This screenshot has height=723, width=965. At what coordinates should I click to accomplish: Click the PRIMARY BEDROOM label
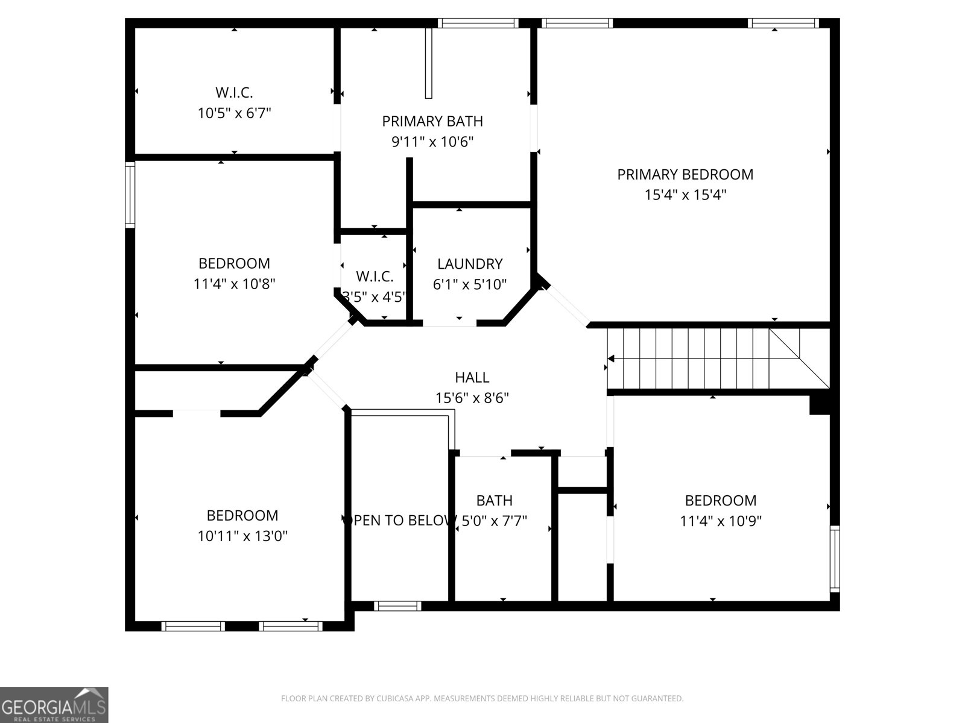pyautogui.click(x=685, y=175)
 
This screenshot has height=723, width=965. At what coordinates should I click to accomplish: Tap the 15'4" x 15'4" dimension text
pyautogui.click(x=685, y=195)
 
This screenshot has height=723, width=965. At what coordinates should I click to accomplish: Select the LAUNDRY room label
pyautogui.click(x=470, y=264)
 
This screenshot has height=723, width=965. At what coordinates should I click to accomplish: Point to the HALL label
pyautogui.click(x=472, y=378)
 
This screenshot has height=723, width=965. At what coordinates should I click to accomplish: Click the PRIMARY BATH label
pyautogui.click(x=432, y=122)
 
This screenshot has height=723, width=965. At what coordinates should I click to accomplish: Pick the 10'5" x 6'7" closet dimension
pyautogui.click(x=234, y=113)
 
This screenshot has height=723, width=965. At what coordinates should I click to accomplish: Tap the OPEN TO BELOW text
pyautogui.click(x=399, y=521)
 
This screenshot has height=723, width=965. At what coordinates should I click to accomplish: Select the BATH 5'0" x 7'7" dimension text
pyautogui.click(x=494, y=521)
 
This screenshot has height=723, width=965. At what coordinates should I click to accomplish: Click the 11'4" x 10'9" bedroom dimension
pyautogui.click(x=721, y=521)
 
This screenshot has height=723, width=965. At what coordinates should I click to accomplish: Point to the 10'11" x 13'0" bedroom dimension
pyautogui.click(x=242, y=536)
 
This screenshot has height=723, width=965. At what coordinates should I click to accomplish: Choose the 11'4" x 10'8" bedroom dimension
pyautogui.click(x=234, y=284)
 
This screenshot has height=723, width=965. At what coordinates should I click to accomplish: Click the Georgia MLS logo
pyautogui.click(x=54, y=705)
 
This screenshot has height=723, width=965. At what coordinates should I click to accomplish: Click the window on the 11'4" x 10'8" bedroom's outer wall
pyautogui.click(x=130, y=195)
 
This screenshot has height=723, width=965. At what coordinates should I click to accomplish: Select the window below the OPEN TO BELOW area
pyautogui.click(x=397, y=606)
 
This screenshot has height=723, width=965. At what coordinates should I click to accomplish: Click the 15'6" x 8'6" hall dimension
pyautogui.click(x=472, y=398)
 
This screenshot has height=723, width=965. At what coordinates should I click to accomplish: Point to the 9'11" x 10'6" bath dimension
pyautogui.click(x=432, y=142)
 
